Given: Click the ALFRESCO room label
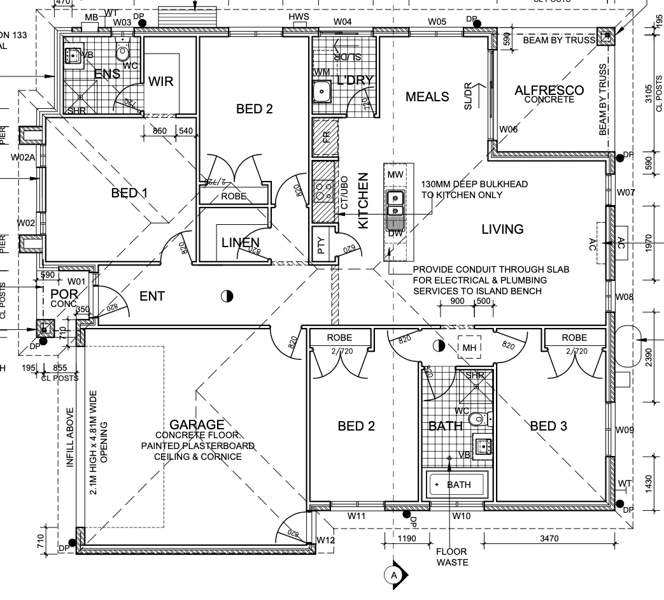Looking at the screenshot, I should point(549,90).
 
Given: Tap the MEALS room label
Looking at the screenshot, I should point(427,97).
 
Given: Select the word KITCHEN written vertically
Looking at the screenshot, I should point(364,201).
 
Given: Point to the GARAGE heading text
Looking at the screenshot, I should point(197,425).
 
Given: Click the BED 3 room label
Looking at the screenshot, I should point(548,426).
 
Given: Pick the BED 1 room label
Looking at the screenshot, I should point(129,193).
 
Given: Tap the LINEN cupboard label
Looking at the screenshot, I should point(240,243).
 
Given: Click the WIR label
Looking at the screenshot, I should point(161,82).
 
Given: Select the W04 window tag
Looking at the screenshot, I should point(343,22).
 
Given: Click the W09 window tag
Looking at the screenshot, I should point(625,431).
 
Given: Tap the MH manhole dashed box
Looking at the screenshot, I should point(469,347).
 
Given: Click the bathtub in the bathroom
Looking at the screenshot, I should point(458,485).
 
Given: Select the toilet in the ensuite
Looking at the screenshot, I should point(123,50).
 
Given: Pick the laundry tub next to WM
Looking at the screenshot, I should point(323,92).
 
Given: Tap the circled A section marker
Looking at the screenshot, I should point(394,575).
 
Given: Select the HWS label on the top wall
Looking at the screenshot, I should point(298,16).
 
